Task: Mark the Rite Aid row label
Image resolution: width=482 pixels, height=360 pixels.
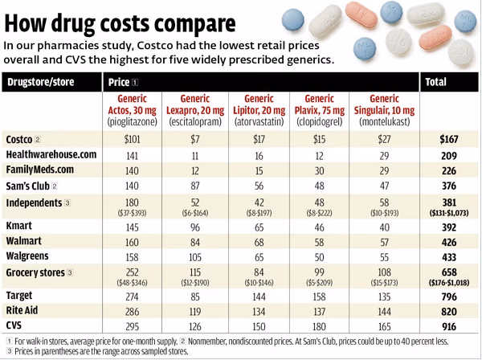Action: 25,310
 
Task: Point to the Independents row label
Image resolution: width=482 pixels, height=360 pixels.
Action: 36,201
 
